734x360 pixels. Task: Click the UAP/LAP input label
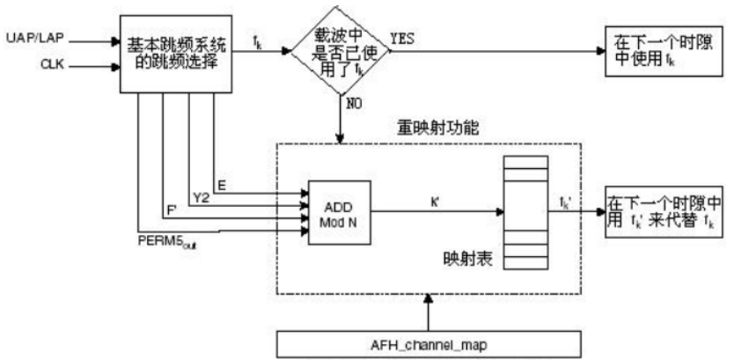pos(29,40)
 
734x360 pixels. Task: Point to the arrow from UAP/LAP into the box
pos(92,40)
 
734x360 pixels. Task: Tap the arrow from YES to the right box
pos(493,51)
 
